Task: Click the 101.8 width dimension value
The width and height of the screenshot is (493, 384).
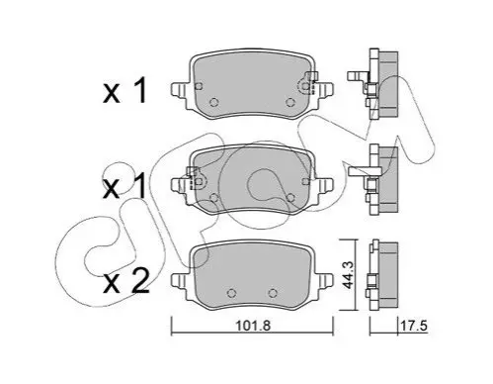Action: pyautogui.click(x=253, y=326)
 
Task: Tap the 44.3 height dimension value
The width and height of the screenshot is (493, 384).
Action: pyautogui.click(x=348, y=275)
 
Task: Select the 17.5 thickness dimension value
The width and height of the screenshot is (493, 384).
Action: pyautogui.click(x=413, y=326)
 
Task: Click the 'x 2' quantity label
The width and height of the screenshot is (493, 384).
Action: pyautogui.click(x=126, y=281)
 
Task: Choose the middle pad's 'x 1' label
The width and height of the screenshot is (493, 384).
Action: pyautogui.click(x=124, y=186)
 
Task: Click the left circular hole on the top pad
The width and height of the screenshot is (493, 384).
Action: pyautogui.click(x=214, y=102)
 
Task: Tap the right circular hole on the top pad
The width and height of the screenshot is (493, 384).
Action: pyautogui.click(x=290, y=102)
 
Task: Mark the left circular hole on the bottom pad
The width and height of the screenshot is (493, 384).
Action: pyautogui.click(x=232, y=293)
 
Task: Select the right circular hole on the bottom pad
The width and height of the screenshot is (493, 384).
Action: pyautogui.click(x=273, y=293)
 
